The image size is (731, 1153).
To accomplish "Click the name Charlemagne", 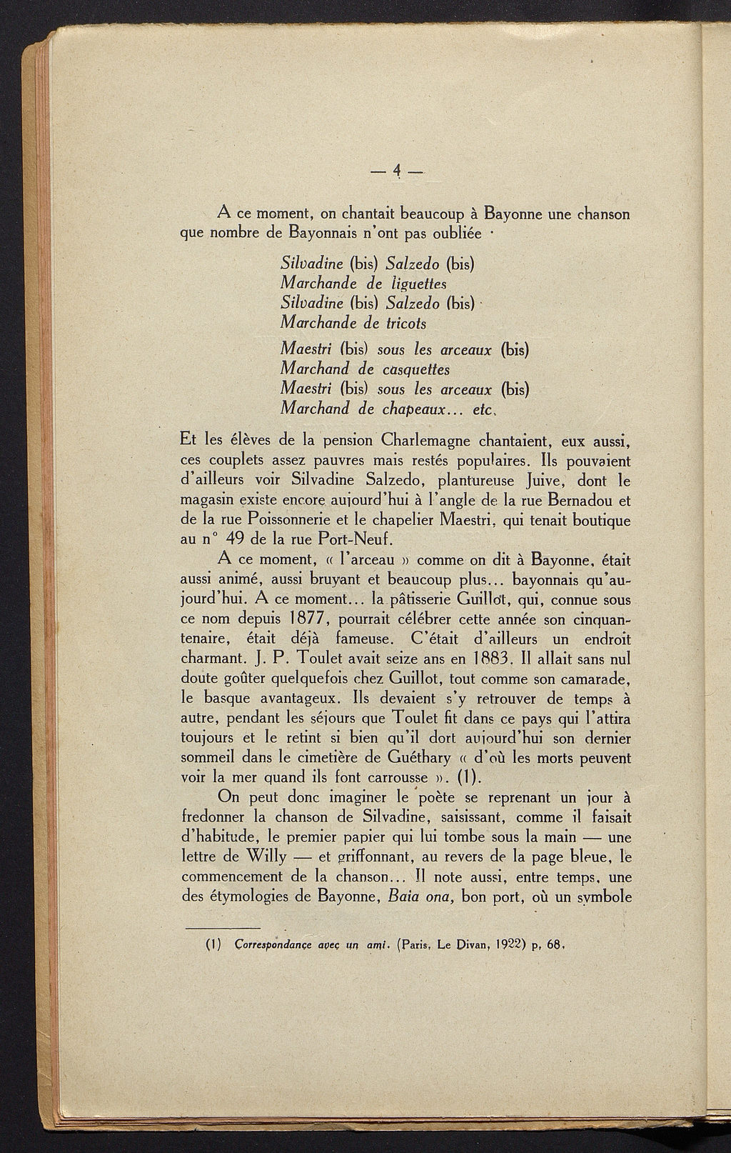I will [x=441, y=437].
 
